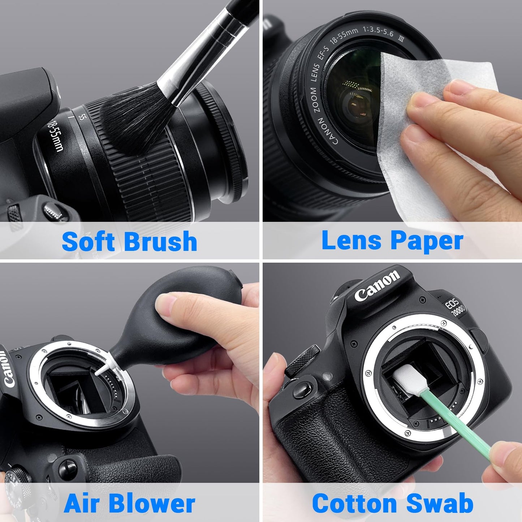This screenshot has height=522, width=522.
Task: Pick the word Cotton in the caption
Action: pyautogui.click(x=354, y=503)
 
